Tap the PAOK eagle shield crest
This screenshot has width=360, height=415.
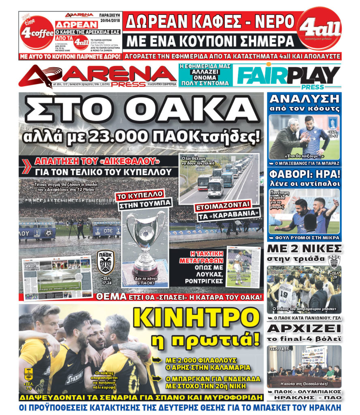point(106,262)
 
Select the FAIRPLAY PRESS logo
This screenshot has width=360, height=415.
point(288,76)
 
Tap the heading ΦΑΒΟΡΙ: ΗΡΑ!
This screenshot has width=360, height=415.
point(304,174)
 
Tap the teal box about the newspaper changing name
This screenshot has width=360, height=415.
point(205,75)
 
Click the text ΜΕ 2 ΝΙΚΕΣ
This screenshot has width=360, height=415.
point(304,248)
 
